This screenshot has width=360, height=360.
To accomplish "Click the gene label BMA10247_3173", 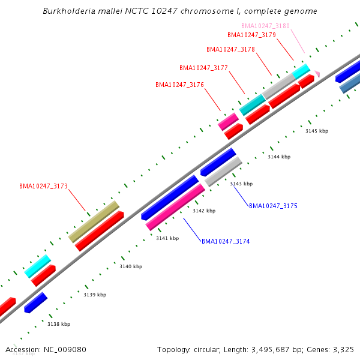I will click(43, 187).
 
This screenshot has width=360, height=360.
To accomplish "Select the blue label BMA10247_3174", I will click(226, 241).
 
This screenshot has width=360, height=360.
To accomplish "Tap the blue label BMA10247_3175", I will click(273, 206).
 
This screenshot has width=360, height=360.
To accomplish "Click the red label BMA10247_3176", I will click(179, 85).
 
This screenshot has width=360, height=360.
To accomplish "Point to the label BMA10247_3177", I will click(203, 68).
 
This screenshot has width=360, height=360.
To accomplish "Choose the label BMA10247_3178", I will click(230, 49).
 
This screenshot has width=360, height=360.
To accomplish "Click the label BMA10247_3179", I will click(251, 35).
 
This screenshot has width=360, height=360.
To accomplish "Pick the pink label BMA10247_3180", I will click(265, 26).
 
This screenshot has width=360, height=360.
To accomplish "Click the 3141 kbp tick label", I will click(167, 238).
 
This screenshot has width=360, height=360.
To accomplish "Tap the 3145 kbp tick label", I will click(317, 131).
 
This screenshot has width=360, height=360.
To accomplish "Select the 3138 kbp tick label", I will click(59, 324).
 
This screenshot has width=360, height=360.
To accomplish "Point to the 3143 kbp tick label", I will click(241, 184).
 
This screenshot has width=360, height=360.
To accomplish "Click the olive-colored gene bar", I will click(94, 221).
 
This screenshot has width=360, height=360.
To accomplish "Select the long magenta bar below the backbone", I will click(175, 207).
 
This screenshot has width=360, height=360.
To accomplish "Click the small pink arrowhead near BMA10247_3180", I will click(317, 74).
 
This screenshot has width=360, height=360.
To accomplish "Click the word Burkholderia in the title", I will click(68, 11).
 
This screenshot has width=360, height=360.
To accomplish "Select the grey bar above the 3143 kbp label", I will click(223, 171).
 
